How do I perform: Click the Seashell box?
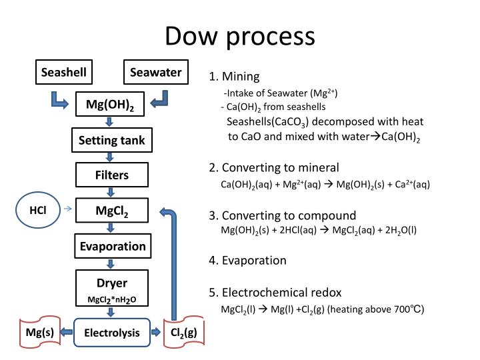pos(64,73)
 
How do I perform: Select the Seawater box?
pos(155,73)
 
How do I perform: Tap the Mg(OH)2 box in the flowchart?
pos(110,105)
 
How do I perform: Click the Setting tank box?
pos(111,141)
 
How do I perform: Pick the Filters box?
pos(111,176)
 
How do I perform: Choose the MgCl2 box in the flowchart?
pos(111,211)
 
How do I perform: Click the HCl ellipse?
pos(38,210)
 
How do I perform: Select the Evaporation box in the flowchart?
pos(111,247)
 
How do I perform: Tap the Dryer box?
pos(111,288)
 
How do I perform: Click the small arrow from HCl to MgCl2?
pos(67,209)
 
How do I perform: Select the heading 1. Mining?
pos(234,76)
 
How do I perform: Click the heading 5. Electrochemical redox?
pos(275,293)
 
